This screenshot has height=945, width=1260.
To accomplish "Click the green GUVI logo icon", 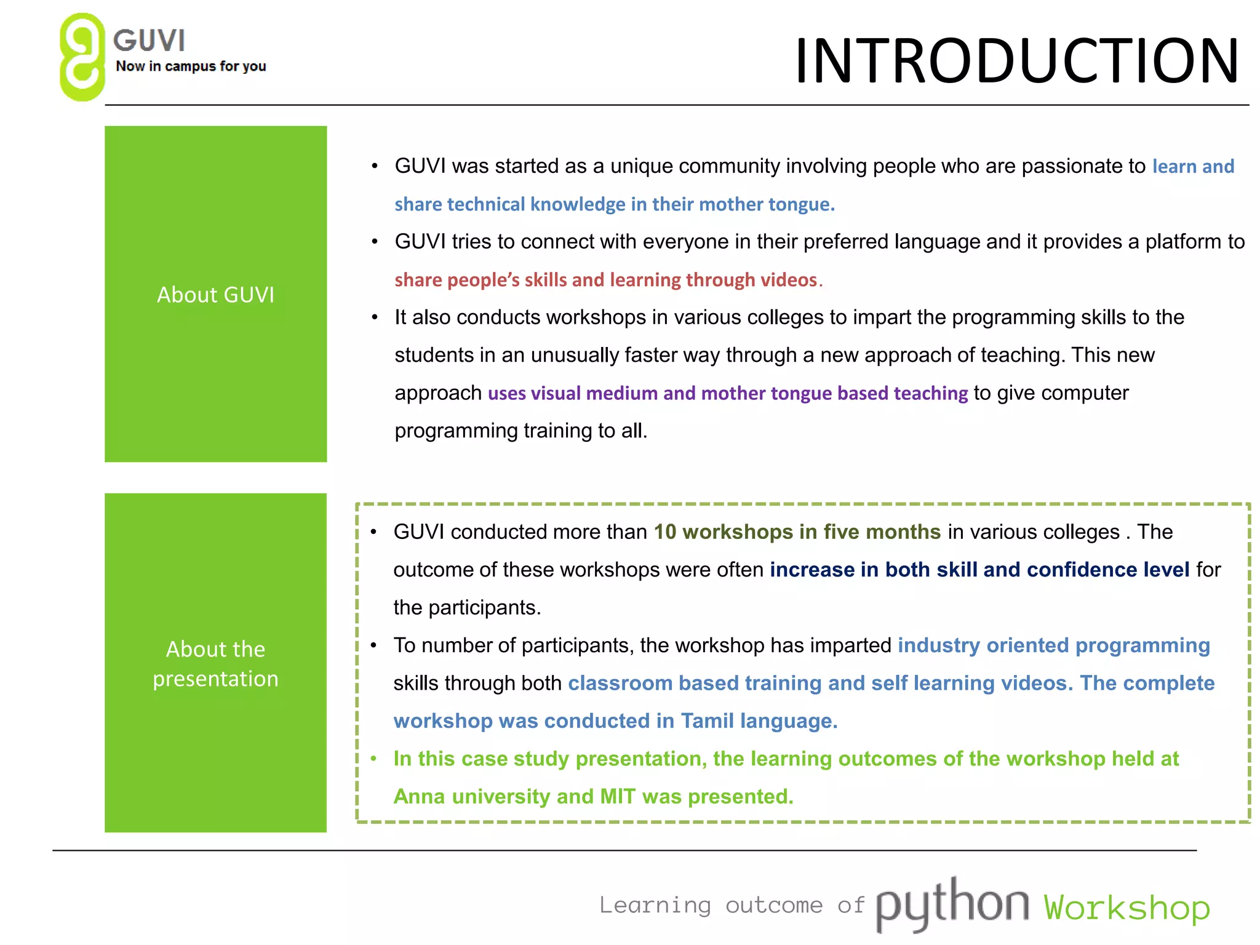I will click(82, 57).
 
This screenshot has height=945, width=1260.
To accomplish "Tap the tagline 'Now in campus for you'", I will click(191, 66).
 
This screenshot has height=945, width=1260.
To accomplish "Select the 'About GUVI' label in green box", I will click(215, 295).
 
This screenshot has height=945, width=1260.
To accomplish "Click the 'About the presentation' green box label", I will click(215, 664).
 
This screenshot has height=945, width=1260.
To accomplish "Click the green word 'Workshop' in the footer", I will click(1126, 907).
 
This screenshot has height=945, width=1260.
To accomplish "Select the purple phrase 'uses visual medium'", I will click(572, 393).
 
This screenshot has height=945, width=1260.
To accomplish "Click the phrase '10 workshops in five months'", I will click(797, 532).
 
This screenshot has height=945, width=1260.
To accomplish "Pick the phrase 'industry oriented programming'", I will click(1053, 645).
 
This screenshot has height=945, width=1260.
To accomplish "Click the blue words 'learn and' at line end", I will click(1193, 167).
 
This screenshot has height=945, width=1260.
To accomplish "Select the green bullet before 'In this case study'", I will click(373, 759).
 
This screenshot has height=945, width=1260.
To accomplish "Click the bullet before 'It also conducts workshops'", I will click(375, 317).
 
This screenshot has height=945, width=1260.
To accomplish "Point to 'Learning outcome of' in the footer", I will click(732, 906).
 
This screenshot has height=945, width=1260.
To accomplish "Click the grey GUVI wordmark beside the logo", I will click(149, 41).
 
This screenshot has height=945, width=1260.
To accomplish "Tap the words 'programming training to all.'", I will click(520, 431).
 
